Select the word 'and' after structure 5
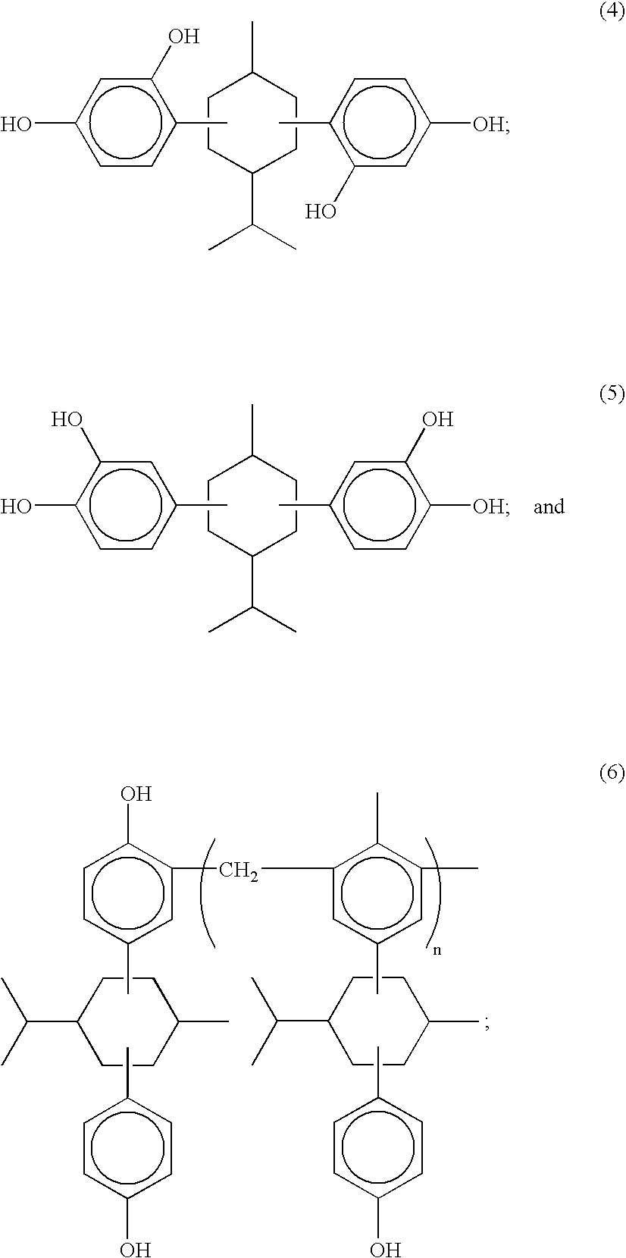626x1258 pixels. tap(549, 507)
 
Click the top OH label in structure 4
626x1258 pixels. tap(184, 37)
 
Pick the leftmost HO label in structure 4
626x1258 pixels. tap(16, 124)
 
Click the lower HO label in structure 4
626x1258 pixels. tap(321, 211)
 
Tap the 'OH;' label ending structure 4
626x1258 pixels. tap(491, 124)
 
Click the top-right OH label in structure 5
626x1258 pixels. tap(437, 419)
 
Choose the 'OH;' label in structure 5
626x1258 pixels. tap(491, 507)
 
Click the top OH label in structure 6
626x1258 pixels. tap(136, 794)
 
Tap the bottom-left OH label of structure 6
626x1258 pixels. tap(136, 1248)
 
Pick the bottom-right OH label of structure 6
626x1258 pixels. tap(386, 1248)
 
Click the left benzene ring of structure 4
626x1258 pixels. tap(126, 123)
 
